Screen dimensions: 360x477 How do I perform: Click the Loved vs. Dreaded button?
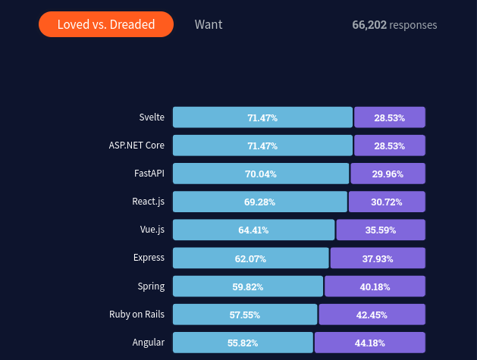tap(106, 24)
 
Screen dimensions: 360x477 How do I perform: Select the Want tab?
tap(209, 24)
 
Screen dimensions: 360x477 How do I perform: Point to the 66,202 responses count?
tap(394, 25)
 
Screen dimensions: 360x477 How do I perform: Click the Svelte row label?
tap(152, 117)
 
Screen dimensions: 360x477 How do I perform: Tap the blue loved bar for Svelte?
tap(262, 117)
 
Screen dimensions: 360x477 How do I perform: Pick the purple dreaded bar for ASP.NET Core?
tap(389, 146)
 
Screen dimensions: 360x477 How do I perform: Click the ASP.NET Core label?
tap(137, 145)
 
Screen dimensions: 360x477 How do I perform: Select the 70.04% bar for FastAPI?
tap(261, 174)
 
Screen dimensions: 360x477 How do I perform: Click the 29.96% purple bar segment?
tap(388, 174)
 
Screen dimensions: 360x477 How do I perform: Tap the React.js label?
tap(148, 202)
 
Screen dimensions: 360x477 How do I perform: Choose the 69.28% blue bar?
tap(259, 202)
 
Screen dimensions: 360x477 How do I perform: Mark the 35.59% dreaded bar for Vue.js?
tap(381, 230)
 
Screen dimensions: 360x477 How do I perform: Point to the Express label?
tap(149, 258)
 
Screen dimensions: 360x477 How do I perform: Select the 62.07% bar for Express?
tap(251, 258)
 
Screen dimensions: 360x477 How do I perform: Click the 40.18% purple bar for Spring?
tap(375, 286)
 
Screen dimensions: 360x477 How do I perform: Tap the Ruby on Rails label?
tap(137, 314)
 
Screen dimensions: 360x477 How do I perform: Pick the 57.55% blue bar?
tap(245, 315)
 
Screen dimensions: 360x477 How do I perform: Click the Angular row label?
tap(149, 342)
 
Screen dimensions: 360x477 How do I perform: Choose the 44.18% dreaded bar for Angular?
tap(370, 343)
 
